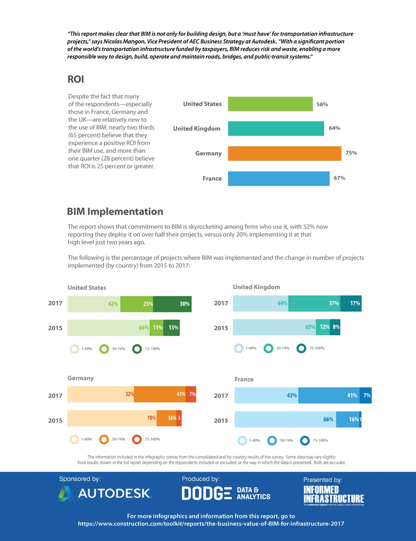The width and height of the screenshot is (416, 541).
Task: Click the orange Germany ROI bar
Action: coord(284,153)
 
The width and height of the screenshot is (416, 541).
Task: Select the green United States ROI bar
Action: coord(270,104)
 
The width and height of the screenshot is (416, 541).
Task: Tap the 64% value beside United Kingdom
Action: coord(334,128)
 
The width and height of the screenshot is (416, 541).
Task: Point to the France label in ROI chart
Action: coord(212,179)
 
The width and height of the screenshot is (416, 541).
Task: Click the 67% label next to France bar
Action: coord(339,178)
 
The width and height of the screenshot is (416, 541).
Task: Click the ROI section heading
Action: coord(76,79)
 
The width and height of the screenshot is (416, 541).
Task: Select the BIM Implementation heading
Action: coord(115,212)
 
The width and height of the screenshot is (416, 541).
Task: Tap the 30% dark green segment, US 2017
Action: coord(172,304)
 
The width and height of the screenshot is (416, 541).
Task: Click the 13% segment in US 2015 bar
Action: coord(171,327)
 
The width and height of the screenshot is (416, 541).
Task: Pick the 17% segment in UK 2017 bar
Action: coord(351,303)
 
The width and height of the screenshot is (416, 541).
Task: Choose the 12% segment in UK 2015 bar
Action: coord(323,327)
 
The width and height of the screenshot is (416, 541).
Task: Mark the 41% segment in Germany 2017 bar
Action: coord(160,394)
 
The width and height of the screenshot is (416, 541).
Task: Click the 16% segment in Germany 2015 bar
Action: coord(167,418)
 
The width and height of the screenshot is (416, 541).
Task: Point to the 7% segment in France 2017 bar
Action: coord(366,395)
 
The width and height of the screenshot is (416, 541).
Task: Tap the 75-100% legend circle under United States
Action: coord(137,349)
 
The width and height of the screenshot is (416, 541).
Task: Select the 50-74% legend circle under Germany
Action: coord(104,439)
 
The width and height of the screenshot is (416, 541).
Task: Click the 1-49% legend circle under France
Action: coord(242,441)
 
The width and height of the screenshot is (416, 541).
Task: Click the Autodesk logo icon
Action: coord(65,494)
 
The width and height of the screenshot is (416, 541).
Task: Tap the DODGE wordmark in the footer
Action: coord(206,493)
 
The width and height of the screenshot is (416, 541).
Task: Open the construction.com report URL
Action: coord(211,524)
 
